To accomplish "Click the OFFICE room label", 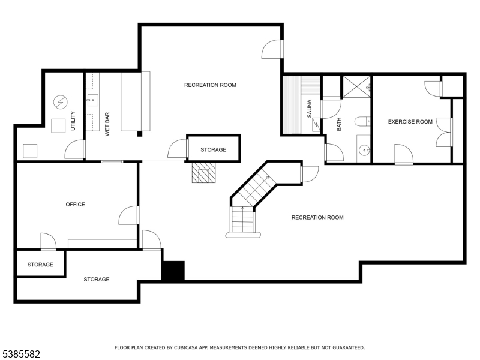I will point(75,205).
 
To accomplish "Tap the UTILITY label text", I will point(73,122).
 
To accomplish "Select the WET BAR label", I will point(108,125).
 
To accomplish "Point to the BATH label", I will point(339,125).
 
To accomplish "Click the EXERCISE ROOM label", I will point(410,122).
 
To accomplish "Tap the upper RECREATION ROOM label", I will point(210,85).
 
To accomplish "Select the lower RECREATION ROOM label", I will point(317,217).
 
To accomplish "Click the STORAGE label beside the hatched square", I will point(213,149).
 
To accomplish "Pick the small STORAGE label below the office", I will point(40,265).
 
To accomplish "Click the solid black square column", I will point(173,271).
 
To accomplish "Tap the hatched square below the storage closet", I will point(203,173).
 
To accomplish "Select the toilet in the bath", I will point(362,122).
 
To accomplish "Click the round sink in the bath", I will point(364,150).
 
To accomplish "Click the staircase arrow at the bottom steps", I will point(243,209).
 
